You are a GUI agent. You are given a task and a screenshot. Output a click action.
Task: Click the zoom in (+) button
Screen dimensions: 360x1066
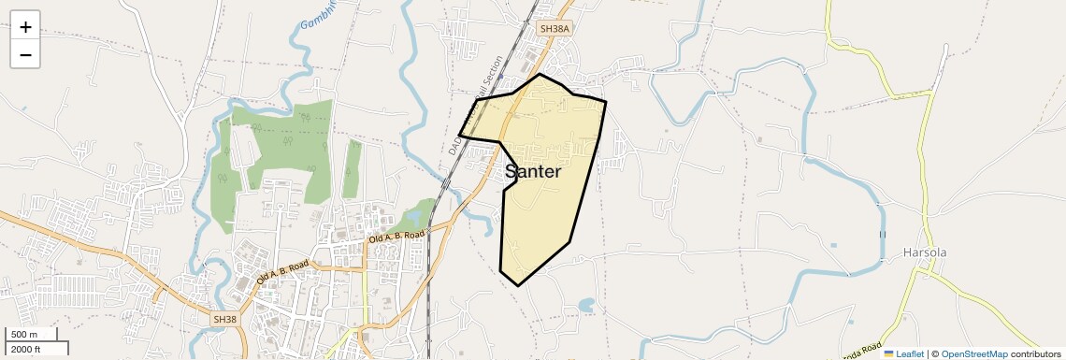click(x=25, y=26)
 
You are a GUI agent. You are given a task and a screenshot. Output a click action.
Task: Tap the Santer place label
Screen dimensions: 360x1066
click(x=533, y=172)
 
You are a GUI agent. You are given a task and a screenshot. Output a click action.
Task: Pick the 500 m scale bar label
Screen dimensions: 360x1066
click(x=25, y=335)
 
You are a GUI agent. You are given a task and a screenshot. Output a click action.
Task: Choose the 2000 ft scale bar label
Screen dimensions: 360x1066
click(x=26, y=349)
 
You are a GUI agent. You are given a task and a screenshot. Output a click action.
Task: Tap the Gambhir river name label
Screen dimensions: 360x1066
click(x=318, y=13)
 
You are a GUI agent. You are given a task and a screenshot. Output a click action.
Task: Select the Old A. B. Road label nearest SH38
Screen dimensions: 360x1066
click(x=281, y=273)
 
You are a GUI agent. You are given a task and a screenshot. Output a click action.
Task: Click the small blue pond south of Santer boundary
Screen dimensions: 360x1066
click(x=585, y=304)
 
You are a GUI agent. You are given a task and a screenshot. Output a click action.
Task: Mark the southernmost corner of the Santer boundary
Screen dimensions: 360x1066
click(x=518, y=285)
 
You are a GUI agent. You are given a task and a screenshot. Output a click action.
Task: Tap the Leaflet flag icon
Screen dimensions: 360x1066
click(x=889, y=353)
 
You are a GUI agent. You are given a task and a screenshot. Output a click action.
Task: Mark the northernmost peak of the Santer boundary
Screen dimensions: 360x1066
click(x=540, y=74)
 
